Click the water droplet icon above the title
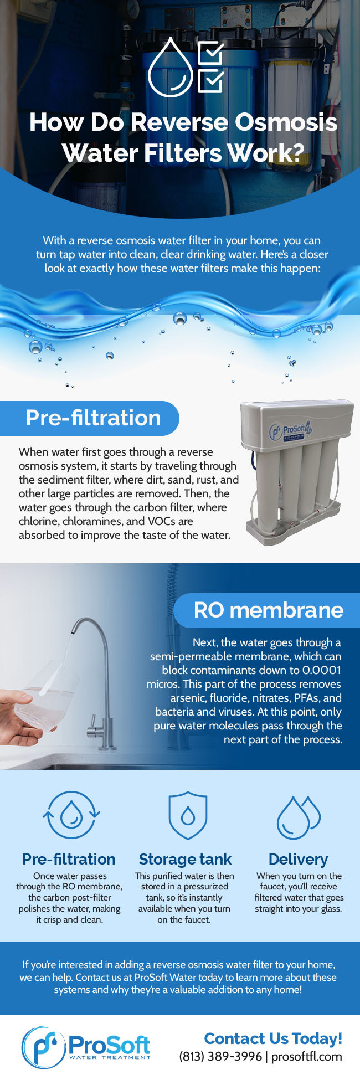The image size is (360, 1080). coord(171,68)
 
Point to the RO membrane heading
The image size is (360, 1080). coord(269,610)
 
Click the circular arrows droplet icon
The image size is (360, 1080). coord(71,814)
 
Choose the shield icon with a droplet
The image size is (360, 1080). coord(188,815)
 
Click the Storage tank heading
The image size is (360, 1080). coord(185,859)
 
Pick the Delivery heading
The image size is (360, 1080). coord(298,860)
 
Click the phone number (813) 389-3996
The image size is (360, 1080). coord(220,1056)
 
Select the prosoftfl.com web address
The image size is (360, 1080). coord(307,1057)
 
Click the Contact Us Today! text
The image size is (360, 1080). coord(273,1038)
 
